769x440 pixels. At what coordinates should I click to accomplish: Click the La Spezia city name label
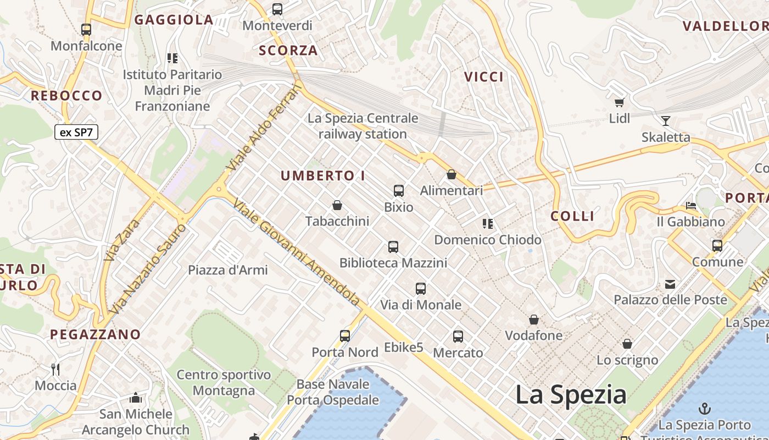(571, 395)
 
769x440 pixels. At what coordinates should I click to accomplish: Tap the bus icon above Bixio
(399, 191)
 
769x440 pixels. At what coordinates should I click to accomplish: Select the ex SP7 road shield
(76, 132)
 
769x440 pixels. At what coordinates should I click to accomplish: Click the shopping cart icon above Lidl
(620, 102)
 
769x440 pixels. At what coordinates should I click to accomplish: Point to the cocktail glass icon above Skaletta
(666, 121)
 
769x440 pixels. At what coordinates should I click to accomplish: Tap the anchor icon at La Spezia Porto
(704, 409)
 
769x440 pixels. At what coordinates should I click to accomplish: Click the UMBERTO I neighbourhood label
(323, 176)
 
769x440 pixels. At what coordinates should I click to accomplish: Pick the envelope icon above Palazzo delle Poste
(670, 284)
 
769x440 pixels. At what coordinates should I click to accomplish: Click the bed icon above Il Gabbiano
(691, 206)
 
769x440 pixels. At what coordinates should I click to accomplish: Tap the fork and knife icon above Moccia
(55, 369)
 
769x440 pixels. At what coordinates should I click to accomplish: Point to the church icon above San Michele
(136, 398)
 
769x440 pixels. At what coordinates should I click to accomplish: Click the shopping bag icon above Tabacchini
(337, 205)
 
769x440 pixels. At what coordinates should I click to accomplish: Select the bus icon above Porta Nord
(345, 336)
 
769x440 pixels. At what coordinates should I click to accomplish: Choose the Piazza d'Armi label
(228, 270)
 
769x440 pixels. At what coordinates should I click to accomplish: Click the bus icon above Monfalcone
(86, 30)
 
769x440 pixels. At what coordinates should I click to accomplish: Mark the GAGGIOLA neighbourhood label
(174, 20)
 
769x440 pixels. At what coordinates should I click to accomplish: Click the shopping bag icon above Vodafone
(533, 320)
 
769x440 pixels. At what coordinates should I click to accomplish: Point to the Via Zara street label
(115, 240)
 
